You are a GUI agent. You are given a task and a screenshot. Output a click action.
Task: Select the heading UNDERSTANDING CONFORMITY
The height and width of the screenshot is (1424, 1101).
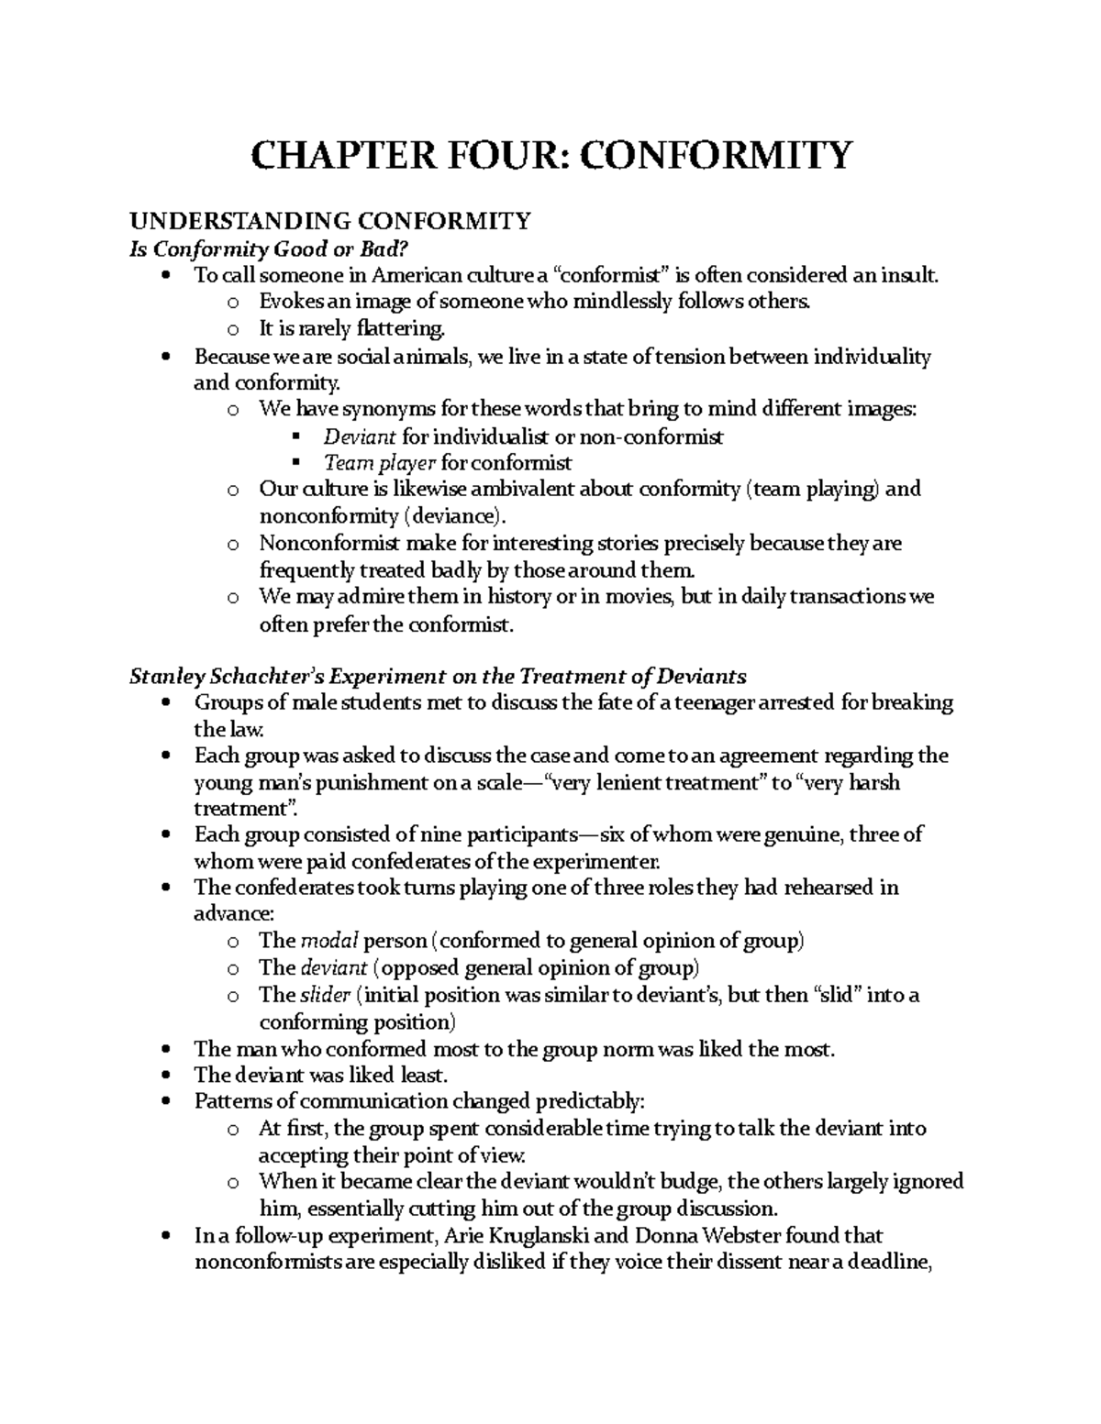pyautogui.click(x=329, y=221)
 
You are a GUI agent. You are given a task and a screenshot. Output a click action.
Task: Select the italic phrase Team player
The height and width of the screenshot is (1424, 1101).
pyautogui.click(x=379, y=463)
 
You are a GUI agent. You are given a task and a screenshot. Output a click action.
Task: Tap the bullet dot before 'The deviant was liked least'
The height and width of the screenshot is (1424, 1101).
pyautogui.click(x=165, y=1076)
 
